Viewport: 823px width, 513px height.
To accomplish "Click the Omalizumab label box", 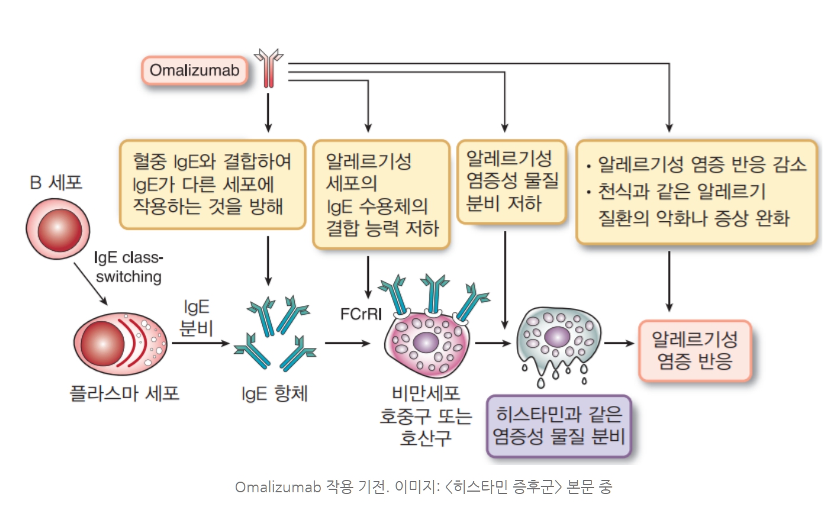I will [194, 71].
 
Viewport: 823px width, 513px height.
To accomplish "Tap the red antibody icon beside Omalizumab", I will [269, 68].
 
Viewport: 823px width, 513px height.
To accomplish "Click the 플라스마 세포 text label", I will [124, 393].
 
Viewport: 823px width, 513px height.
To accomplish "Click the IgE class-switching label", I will [128, 267].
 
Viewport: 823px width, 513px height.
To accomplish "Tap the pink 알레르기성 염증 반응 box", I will [695, 350].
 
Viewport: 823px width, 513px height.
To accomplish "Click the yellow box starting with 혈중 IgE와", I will [213, 184].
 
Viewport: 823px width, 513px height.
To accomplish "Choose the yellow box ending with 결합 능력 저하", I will [381, 194].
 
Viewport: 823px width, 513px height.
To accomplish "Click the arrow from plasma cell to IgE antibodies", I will [200, 343].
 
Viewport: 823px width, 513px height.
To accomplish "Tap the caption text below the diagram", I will [423, 488].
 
